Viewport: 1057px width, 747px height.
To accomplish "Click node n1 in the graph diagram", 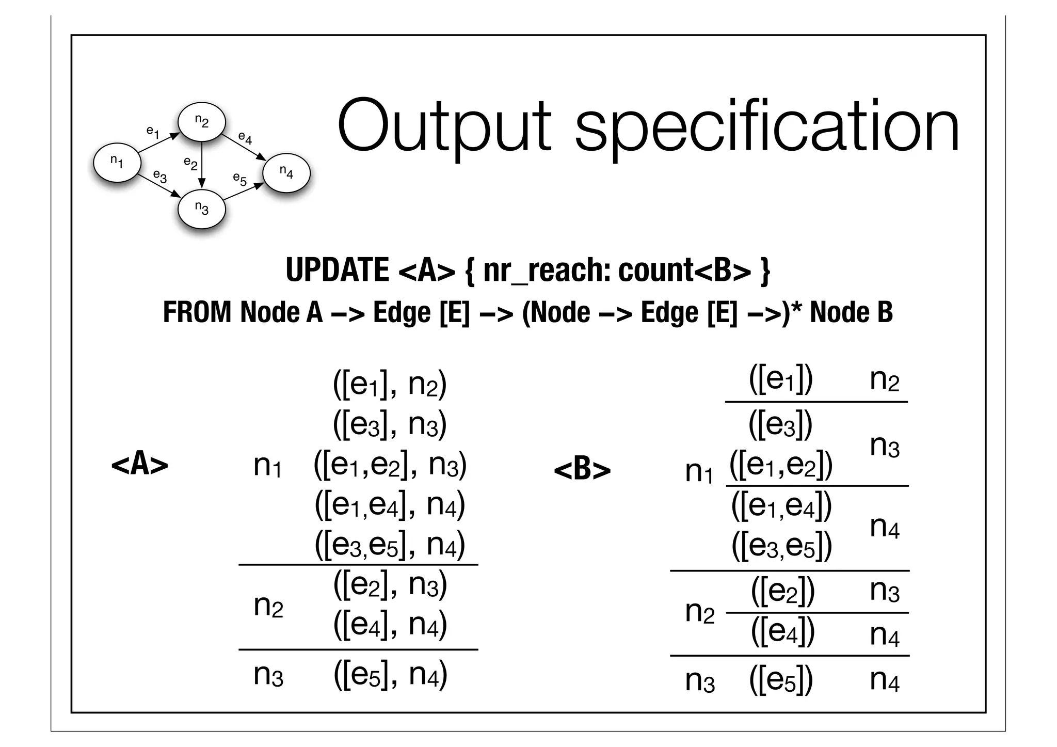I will (117, 162).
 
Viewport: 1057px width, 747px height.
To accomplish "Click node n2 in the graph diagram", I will (201, 121).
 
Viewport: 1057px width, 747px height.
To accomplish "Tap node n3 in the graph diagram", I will (201, 208).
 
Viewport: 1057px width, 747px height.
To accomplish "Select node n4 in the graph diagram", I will (286, 172).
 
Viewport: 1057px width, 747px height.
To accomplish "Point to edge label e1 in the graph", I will (153, 132).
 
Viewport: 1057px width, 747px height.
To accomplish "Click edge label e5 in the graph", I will (239, 179).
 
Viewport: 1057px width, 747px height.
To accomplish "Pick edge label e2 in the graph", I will (190, 164).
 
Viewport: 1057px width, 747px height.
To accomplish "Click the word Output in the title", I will (444, 127).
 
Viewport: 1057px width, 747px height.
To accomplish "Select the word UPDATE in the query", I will (337, 270).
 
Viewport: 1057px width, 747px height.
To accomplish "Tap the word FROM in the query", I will (197, 313).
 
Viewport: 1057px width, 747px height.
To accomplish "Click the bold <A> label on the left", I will (139, 464).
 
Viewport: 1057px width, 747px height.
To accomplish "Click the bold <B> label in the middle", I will (582, 470).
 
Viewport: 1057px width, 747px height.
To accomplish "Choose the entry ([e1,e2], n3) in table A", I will (390, 465).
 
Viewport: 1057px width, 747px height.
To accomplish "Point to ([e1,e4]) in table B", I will (781, 506).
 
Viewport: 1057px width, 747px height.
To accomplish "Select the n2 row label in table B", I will (699, 612).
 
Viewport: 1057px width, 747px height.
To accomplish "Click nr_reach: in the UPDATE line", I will (547, 270).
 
